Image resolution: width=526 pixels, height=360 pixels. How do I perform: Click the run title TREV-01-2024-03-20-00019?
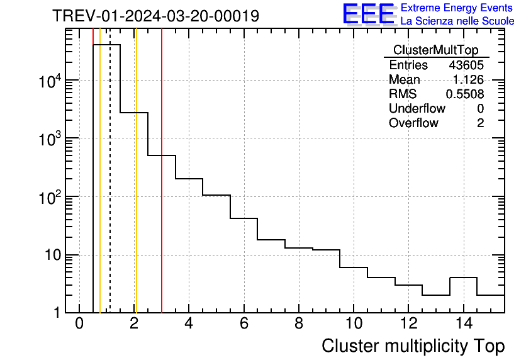click(x=155, y=16)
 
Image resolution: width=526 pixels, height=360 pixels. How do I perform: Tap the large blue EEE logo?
click(x=369, y=14)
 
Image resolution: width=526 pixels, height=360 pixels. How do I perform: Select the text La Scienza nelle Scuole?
click(x=457, y=21)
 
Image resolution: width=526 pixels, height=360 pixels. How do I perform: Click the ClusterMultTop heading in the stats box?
click(x=435, y=50)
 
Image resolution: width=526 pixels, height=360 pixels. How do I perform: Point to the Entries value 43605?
click(x=466, y=65)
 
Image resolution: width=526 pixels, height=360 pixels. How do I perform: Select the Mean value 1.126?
click(x=468, y=80)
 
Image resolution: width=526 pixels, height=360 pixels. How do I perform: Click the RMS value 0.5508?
click(x=465, y=94)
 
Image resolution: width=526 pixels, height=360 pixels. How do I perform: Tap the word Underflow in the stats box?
click(x=417, y=109)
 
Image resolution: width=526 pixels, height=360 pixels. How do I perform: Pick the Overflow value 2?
click(x=480, y=123)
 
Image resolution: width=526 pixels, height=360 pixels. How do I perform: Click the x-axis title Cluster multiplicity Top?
click(x=413, y=346)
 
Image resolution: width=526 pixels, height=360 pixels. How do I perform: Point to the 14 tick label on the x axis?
click(x=464, y=324)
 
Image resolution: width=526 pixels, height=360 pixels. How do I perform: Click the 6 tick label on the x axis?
click(x=244, y=324)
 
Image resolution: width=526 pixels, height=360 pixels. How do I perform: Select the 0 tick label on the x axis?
click(x=79, y=324)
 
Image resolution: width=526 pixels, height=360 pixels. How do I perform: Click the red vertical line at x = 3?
click(x=162, y=189)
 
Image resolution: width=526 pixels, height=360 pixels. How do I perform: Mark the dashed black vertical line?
click(x=110, y=189)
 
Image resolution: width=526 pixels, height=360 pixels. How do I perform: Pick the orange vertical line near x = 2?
click(x=135, y=189)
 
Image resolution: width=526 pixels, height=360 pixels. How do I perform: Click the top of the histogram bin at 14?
click(x=464, y=278)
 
